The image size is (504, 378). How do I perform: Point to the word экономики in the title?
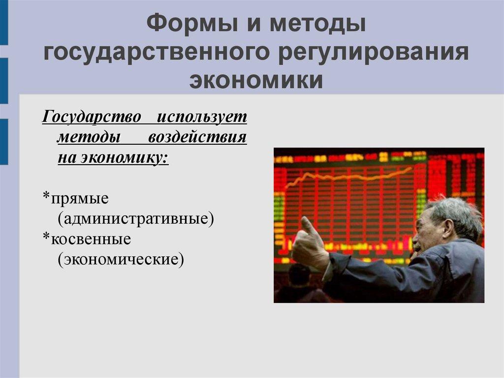click(257, 80)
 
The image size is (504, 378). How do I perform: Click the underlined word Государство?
click(92, 117)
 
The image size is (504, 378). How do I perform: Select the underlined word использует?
click(202, 117)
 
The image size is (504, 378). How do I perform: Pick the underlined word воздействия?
click(197, 137)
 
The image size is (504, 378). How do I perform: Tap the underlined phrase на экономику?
click(113, 157)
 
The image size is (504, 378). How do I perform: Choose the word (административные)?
click(136, 218)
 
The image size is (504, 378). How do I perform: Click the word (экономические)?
click(121, 258)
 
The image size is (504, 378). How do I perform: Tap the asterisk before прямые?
click(46, 198)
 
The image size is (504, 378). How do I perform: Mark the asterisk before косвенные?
click(46, 237)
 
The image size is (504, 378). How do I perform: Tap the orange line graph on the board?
click(349, 176)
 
